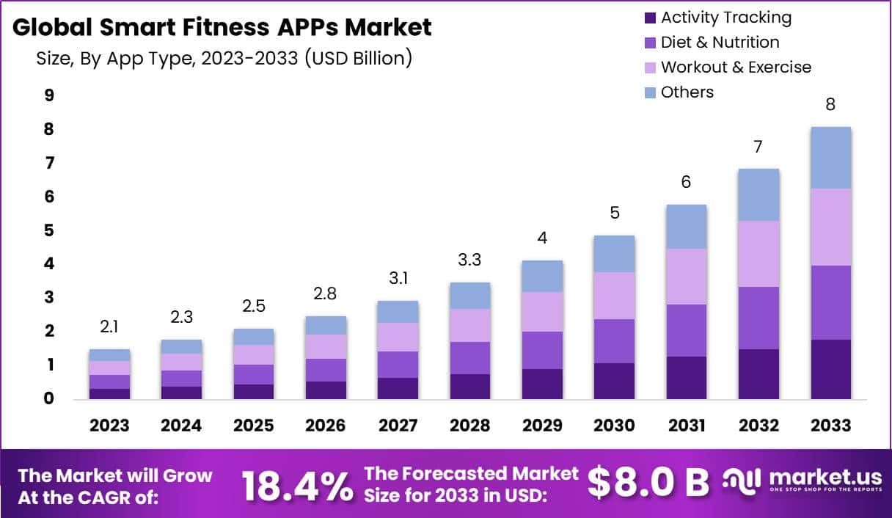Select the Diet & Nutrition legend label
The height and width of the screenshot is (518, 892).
coord(720,43)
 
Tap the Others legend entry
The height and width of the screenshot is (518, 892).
coord(687,92)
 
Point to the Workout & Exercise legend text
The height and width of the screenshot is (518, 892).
coord(736,68)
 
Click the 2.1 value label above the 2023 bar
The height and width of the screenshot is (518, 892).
coord(109,325)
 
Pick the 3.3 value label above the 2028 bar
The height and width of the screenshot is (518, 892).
coord(470,259)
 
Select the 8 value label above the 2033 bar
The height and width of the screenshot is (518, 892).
coord(830,103)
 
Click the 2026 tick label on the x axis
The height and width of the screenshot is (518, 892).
coord(326,426)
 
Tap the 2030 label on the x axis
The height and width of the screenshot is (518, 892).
coord(614,426)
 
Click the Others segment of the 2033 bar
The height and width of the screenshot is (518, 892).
coord(830,158)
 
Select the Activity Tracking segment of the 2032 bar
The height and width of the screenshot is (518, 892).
coord(758,374)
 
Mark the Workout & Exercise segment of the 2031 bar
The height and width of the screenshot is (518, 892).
coord(687,277)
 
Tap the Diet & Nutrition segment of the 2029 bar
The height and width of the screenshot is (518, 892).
coord(542,350)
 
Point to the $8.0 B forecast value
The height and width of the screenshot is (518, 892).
coord(648,482)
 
